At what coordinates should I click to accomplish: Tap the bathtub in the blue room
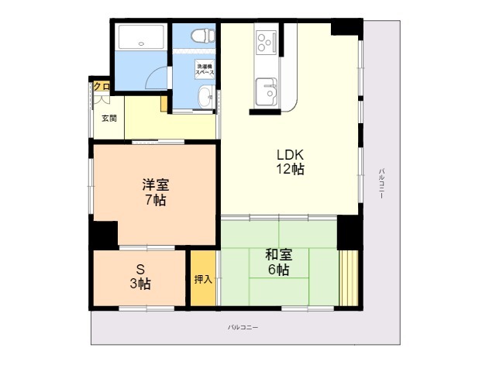(x=140, y=39)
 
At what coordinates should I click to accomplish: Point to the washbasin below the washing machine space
(x=205, y=98)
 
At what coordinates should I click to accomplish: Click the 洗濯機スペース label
(x=205, y=68)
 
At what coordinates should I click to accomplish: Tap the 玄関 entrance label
(x=109, y=118)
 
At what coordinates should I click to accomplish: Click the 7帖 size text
(x=155, y=200)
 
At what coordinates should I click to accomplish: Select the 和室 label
(x=278, y=255)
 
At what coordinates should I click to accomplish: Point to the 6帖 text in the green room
(x=278, y=270)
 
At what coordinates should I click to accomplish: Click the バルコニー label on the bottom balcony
(x=243, y=327)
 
